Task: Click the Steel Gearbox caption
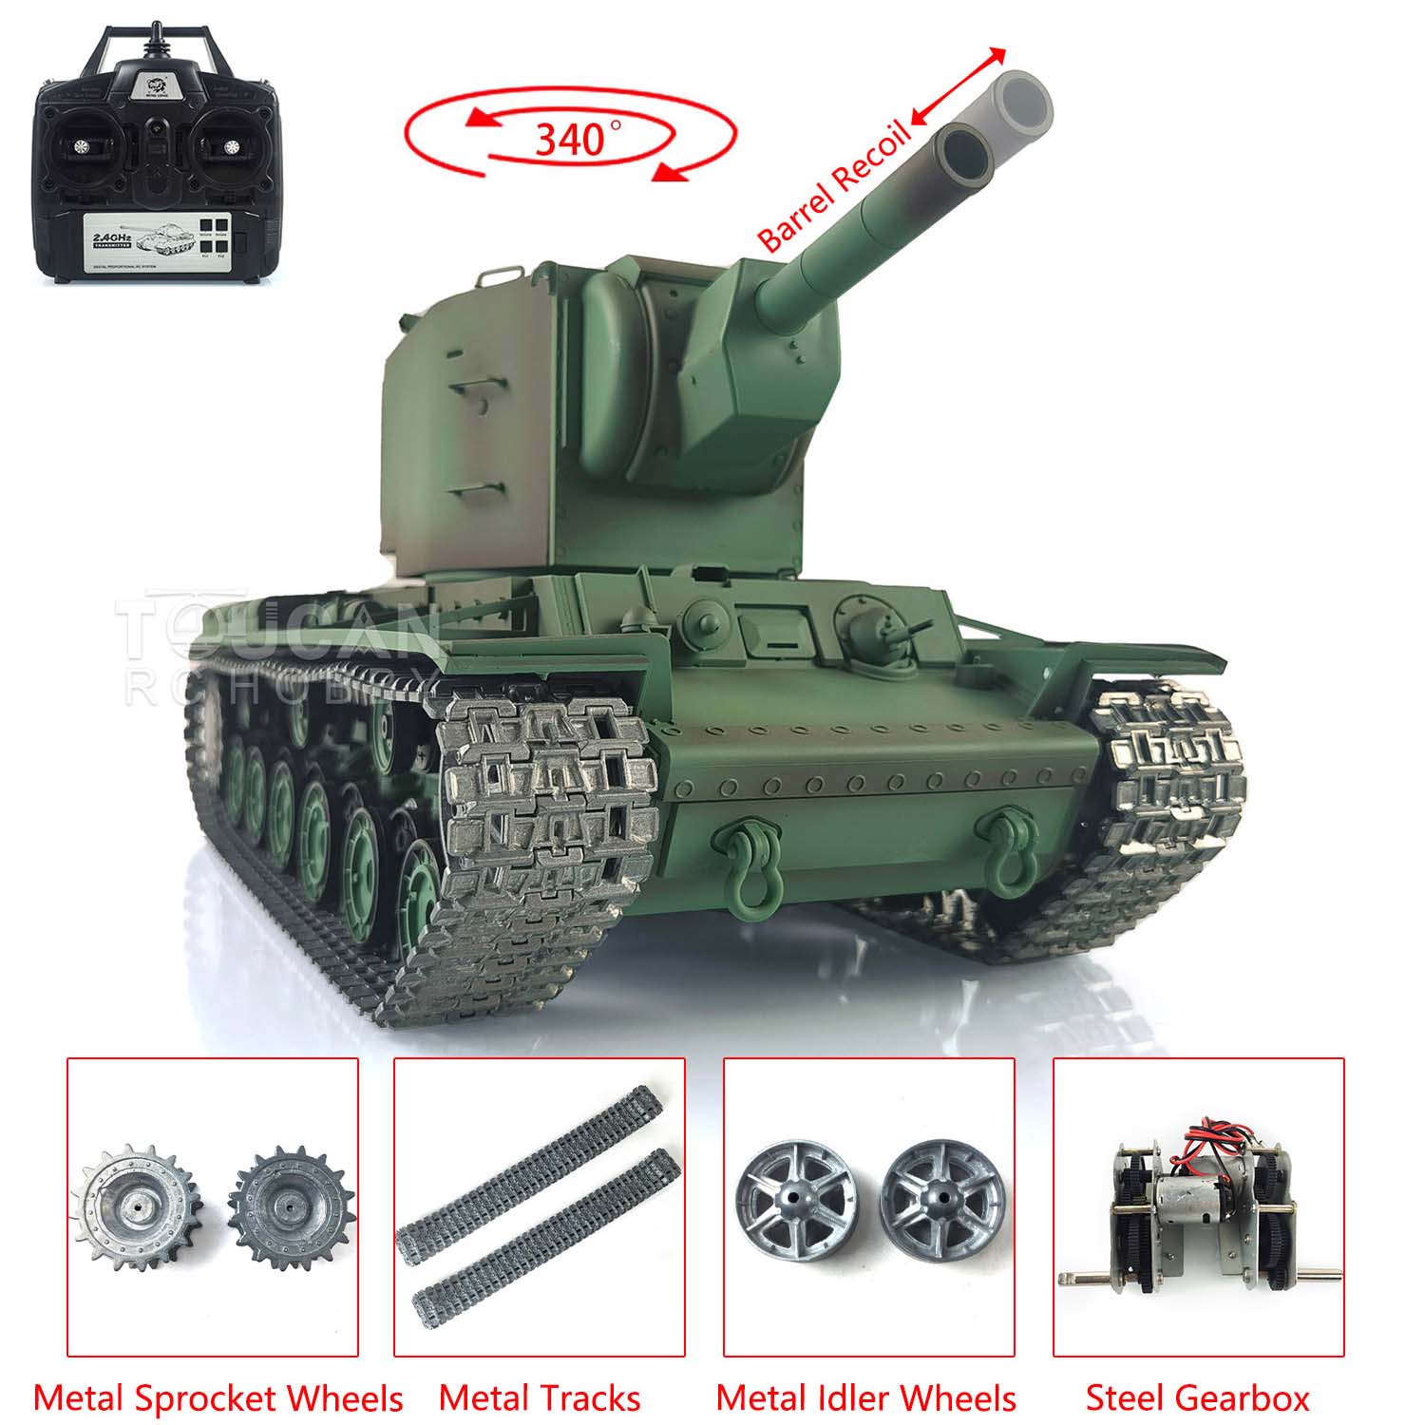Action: [x=1197, y=1397]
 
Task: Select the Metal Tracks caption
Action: [x=540, y=1397]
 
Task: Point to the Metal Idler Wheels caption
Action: [x=865, y=1397]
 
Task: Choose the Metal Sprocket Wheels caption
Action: [x=218, y=1397]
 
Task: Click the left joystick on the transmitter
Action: [x=81, y=146]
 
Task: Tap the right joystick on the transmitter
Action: [x=230, y=146]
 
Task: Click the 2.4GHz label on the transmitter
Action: [x=115, y=228]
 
